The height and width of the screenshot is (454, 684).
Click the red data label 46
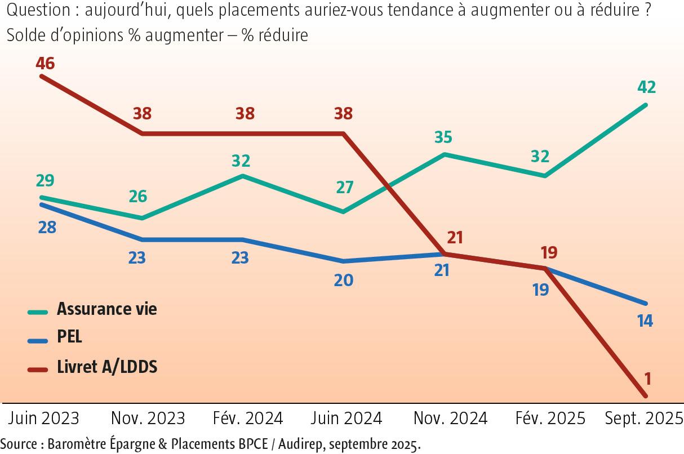click(x=45, y=64)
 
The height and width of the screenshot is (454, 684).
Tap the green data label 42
click(x=646, y=87)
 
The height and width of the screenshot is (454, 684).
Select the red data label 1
click(x=647, y=378)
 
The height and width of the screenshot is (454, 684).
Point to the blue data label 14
click(x=645, y=321)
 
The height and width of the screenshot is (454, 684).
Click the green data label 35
click(x=444, y=137)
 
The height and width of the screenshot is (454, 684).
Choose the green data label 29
click(x=45, y=181)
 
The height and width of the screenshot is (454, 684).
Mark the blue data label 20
click(x=343, y=280)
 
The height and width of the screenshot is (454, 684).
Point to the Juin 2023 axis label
click(x=44, y=419)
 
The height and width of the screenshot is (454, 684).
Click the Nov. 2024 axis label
click(x=450, y=419)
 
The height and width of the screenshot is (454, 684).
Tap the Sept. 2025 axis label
click(x=643, y=419)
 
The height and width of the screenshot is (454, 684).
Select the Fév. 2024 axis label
click(x=248, y=419)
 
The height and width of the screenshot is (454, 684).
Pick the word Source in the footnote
click(x=19, y=443)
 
